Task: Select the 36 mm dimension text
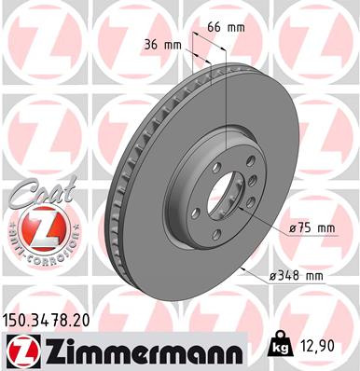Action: (x=161, y=44)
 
